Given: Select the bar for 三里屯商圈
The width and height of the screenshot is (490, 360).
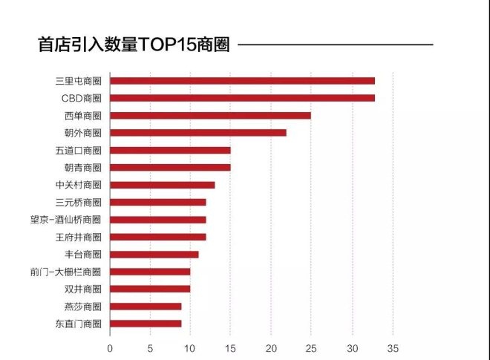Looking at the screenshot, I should tap(242, 80).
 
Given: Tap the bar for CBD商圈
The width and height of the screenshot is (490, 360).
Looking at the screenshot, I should tap(242, 97).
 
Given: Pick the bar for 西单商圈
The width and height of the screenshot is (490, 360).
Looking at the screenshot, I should tap(210, 115).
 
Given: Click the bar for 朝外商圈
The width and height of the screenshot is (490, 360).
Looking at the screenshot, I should tap(198, 132).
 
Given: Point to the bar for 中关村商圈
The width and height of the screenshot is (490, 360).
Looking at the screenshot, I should tap(163, 185).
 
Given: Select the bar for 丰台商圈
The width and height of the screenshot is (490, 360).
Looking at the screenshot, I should tap(154, 254).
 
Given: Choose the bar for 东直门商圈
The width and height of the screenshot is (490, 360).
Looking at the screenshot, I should tap(146, 324).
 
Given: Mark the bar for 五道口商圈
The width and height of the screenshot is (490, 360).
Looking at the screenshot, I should tap(170, 150).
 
